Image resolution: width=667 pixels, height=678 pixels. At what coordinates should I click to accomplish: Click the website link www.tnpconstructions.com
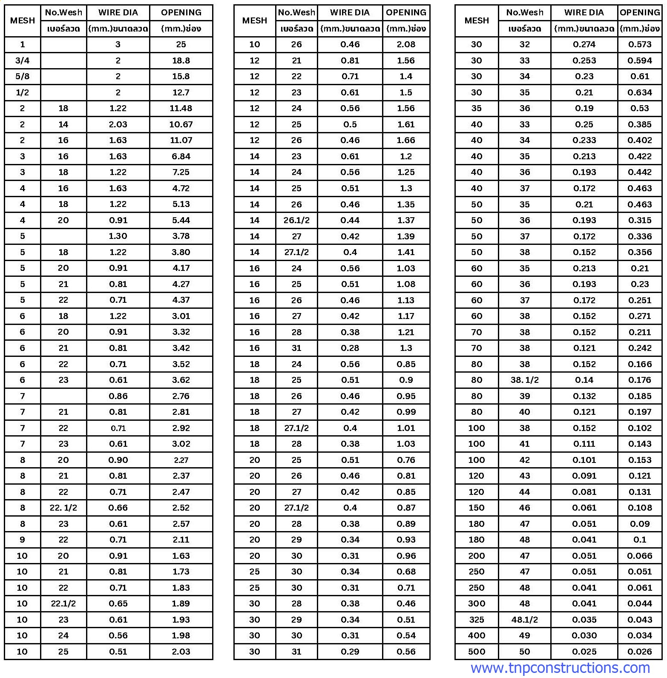click(x=560, y=668)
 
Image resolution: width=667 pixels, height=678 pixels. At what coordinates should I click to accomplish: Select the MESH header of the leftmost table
click(x=23, y=20)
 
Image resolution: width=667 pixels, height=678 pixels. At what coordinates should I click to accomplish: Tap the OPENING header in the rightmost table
click(x=640, y=12)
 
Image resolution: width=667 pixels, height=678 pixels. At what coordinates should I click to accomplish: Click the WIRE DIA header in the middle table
click(x=350, y=12)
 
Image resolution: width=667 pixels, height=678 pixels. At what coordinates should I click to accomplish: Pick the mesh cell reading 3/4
click(x=23, y=60)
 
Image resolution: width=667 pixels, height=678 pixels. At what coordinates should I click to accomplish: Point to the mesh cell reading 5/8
click(x=23, y=76)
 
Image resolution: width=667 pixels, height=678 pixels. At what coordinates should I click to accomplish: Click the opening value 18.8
click(x=181, y=60)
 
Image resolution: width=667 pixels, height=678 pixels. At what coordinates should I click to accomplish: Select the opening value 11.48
click(x=181, y=108)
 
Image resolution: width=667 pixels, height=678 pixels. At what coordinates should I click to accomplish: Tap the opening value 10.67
click(x=181, y=124)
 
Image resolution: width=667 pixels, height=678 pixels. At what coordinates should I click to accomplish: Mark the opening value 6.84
click(x=181, y=156)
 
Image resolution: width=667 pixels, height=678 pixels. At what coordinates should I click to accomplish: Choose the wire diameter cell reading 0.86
click(x=118, y=396)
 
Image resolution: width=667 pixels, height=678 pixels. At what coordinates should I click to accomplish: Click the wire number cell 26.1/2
click(x=296, y=220)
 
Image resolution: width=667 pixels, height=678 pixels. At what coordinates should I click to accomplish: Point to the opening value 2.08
click(x=406, y=44)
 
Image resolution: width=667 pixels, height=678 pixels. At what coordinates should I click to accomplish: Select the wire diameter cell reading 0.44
click(x=350, y=220)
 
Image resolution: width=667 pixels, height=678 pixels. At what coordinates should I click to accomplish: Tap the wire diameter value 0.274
click(x=584, y=44)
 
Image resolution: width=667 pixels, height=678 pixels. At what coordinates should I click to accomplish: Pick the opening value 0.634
click(x=640, y=92)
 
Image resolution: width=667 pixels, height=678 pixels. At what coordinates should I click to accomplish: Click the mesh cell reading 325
click(x=477, y=620)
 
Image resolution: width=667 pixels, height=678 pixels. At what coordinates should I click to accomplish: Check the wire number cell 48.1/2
click(x=524, y=620)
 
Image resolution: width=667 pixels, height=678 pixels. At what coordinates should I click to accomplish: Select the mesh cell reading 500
click(x=477, y=652)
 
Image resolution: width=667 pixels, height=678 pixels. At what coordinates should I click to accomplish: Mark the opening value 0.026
click(x=640, y=652)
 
